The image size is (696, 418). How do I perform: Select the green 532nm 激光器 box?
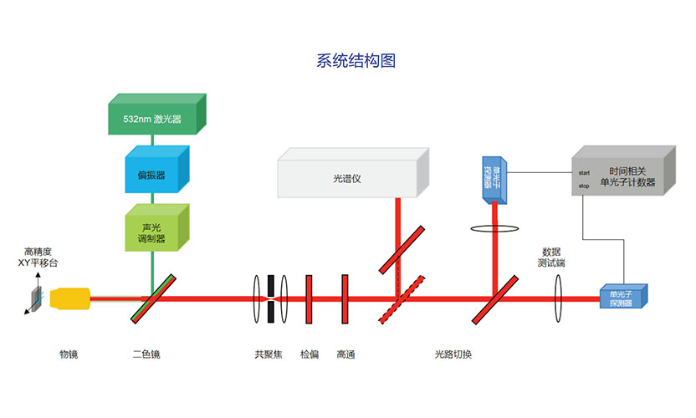click(x=156, y=118)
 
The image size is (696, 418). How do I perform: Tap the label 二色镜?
click(x=146, y=354)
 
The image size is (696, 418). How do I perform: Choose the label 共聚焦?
click(x=269, y=354)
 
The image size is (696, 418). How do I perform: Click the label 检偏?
click(x=310, y=354)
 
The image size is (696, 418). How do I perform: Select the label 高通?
click(x=345, y=354)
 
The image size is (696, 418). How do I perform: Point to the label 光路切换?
click(x=453, y=354)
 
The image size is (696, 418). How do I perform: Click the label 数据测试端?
click(x=551, y=257)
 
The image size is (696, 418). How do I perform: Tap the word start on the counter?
click(x=584, y=173)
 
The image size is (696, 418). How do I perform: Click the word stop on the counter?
click(x=583, y=186)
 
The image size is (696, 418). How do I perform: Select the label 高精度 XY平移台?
click(x=38, y=257)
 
